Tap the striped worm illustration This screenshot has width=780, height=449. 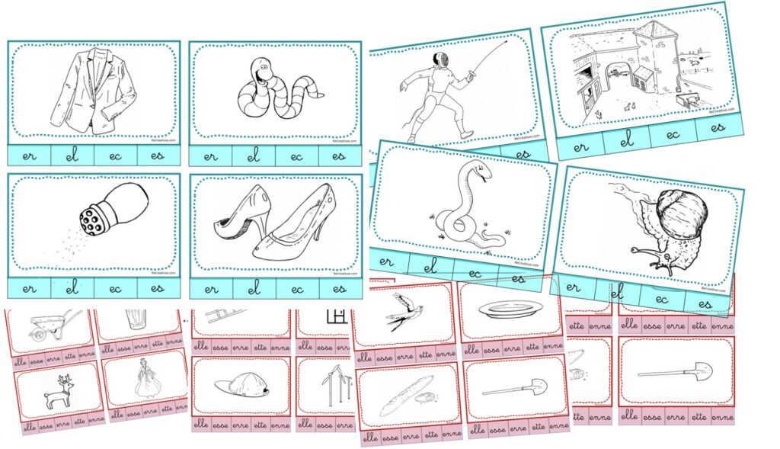[x=277, y=90]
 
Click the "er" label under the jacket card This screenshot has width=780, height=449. [x=29, y=156]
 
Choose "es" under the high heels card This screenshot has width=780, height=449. [x=340, y=288]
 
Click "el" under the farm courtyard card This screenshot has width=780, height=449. [x=627, y=140]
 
